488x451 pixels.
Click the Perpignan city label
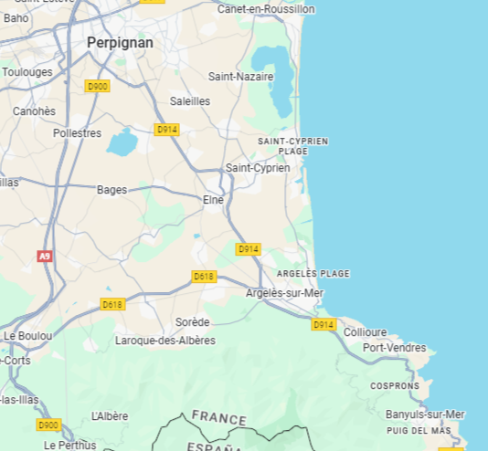tap(120, 43)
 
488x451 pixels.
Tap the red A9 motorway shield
tap(45, 257)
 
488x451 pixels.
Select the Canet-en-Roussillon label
tap(266, 9)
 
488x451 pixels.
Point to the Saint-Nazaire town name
tap(240, 77)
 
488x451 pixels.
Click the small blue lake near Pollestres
tap(121, 142)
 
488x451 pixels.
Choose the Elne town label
tap(213, 199)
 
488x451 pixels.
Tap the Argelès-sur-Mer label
tap(284, 293)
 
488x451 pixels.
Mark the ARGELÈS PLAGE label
tap(313, 274)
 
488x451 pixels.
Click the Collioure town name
tap(365, 332)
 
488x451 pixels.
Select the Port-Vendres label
tap(394, 348)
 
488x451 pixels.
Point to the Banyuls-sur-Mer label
tap(425, 414)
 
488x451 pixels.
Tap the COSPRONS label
tap(395, 386)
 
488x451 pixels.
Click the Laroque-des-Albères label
tap(165, 341)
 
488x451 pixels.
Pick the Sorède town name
tap(192, 322)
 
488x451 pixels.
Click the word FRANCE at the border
tap(218, 419)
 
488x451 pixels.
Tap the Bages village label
tap(111, 190)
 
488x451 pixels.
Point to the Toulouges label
tap(27, 72)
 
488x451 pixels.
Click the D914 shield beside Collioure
tap(324, 325)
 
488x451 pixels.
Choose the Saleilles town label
tap(190, 101)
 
